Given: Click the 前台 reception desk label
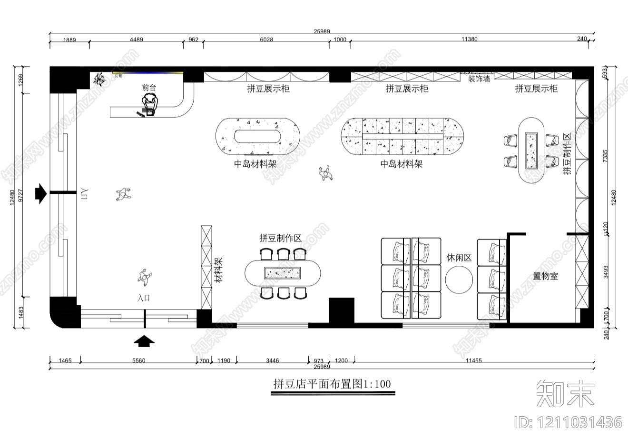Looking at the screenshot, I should pos(148,88).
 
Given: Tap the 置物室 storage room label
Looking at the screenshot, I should pos(545,276).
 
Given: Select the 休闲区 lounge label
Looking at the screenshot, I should pos(459,258).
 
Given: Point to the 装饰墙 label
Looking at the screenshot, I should pos(479,79).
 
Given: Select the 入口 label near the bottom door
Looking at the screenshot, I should pos(144,298).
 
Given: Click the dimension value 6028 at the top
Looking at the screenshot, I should pos(266,40).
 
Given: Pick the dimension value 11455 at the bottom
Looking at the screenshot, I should pos(473,361).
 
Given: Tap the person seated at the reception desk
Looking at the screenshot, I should pos(150,103).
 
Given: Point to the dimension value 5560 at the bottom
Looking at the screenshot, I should pos(138,361).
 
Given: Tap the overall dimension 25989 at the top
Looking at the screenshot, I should pos(322,31).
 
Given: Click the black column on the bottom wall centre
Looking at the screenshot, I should pos(342,311).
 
